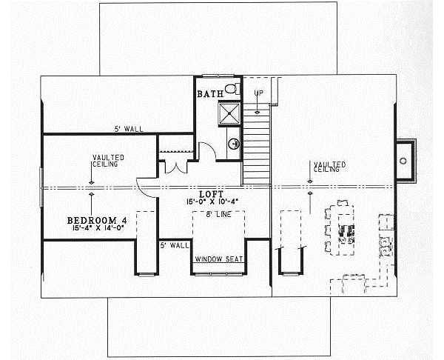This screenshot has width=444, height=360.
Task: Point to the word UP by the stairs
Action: (258, 93)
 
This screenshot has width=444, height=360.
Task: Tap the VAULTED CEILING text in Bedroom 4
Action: (108, 161)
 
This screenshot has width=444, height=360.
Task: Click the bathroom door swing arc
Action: (207, 152)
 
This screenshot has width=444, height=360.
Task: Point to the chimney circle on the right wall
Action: (404, 159)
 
